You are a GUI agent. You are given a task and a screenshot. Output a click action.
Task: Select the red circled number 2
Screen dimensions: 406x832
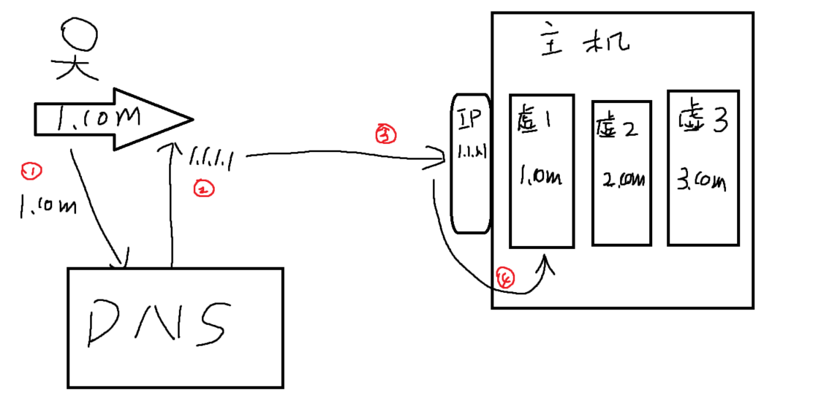203,189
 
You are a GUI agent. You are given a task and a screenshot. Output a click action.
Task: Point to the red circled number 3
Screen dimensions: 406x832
385,133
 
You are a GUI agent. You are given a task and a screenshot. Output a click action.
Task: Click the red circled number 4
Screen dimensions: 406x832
505,278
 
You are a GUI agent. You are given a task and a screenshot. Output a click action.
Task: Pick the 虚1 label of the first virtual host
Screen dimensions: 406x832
538,121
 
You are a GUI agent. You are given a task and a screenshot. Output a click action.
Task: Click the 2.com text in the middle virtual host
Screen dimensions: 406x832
621,180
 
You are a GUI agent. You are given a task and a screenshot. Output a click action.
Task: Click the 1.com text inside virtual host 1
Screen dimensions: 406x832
540,177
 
